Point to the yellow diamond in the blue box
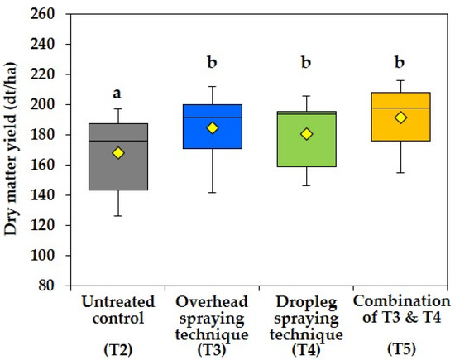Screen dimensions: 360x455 pos(212,127)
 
